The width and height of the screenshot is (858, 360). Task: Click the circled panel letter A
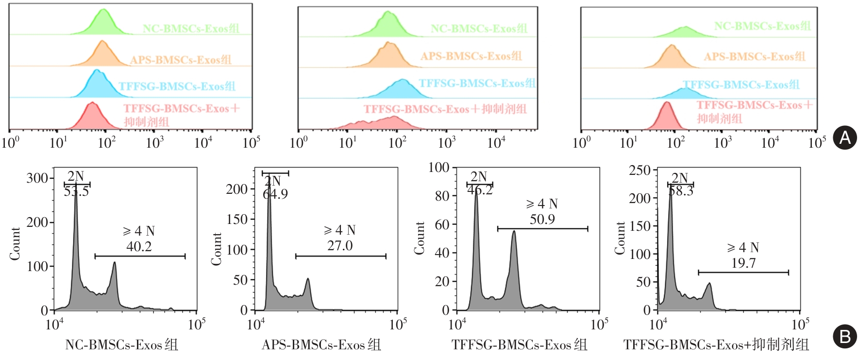[844, 137]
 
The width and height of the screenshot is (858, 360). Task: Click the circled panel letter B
[844, 336]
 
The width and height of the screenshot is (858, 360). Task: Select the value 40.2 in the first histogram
[139, 247]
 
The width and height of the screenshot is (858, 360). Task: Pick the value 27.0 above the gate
[339, 246]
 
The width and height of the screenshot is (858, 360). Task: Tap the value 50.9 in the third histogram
[542, 220]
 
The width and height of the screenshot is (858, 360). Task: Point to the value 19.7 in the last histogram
[743, 263]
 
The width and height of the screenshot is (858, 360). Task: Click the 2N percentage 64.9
[275, 194]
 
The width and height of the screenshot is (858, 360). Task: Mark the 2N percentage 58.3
[681, 191]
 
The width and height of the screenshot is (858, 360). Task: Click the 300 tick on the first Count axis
[37, 178]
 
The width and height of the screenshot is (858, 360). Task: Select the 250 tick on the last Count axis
[639, 171]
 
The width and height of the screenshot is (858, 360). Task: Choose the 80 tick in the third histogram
[442, 196]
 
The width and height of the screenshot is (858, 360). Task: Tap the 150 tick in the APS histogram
[237, 219]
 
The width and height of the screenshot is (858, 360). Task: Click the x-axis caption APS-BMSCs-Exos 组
[321, 345]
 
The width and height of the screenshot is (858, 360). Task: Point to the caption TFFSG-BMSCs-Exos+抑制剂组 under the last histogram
[716, 345]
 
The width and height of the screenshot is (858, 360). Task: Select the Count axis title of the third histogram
[419, 238]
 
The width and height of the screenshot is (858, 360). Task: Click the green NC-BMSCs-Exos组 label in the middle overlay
[479, 29]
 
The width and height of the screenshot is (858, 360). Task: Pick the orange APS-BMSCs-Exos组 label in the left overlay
[181, 60]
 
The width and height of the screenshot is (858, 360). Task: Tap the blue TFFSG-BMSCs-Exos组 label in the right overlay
[741, 85]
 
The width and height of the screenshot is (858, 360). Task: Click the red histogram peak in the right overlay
[667, 103]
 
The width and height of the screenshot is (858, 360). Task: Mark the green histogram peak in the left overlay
[103, 11]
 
